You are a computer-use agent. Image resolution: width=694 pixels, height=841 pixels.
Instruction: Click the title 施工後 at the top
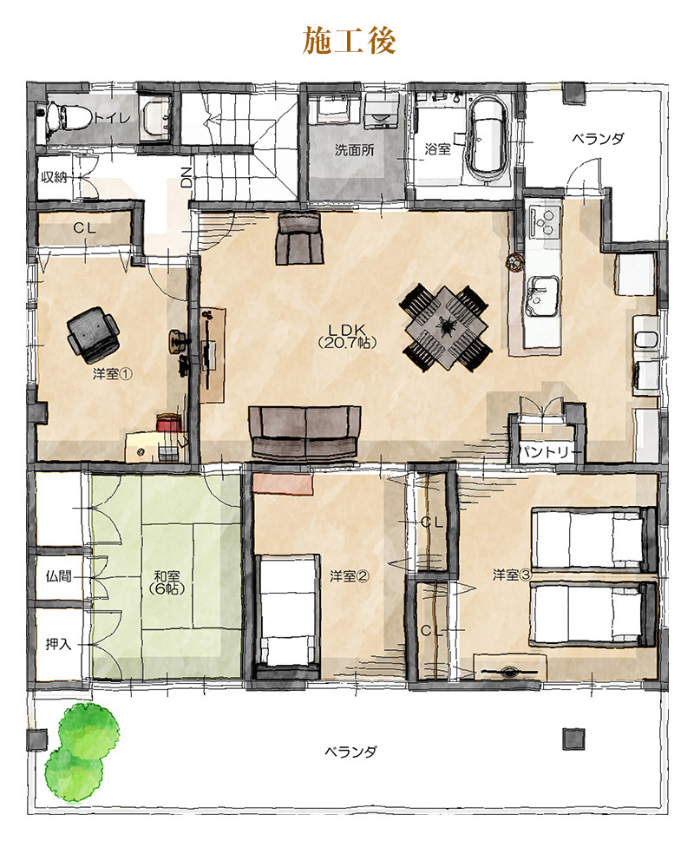point(349,40)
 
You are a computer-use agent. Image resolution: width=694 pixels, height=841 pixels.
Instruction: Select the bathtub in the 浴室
point(488,138)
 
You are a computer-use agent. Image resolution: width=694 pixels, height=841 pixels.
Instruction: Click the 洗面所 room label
point(354,149)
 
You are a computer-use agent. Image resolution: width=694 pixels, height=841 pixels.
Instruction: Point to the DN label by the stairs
point(186,176)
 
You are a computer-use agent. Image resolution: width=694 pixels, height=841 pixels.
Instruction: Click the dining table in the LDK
point(446,327)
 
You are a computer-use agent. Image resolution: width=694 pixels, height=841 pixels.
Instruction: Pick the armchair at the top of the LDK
point(299,238)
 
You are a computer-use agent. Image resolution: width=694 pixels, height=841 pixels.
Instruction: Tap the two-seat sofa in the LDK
point(305,432)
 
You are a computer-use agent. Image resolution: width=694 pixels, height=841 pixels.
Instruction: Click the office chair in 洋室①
point(92,332)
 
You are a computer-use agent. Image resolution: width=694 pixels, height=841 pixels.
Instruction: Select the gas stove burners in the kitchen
point(544,221)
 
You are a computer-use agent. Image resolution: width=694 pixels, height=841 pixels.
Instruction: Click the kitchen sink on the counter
point(542,296)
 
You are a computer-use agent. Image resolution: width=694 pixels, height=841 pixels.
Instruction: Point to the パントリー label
point(543,452)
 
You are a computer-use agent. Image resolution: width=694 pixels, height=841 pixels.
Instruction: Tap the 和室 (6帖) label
point(167,582)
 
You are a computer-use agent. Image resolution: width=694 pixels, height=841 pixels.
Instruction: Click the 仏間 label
point(58,576)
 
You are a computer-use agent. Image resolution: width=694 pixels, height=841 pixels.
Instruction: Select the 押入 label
point(58,644)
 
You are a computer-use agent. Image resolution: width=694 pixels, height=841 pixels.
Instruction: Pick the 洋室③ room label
point(512,575)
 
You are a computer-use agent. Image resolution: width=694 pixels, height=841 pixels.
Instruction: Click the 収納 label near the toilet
point(54,177)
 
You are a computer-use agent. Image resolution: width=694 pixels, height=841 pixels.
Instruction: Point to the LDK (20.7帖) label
point(346,336)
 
